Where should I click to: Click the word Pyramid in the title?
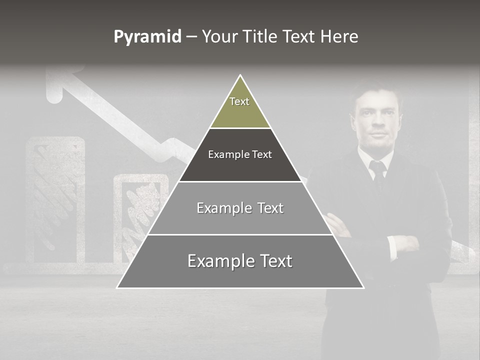147,37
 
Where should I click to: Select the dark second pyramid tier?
240,155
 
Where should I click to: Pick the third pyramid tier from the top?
240,208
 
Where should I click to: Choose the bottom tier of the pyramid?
240,261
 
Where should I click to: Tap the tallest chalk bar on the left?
55,200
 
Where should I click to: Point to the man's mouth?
378,135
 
